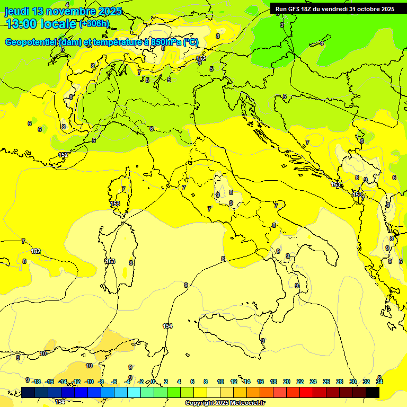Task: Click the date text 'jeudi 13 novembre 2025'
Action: pyautogui.click(x=63, y=11)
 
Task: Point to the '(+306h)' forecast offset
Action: pyautogui.click(x=94, y=23)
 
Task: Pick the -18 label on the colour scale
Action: pyautogui.click(x=37, y=382)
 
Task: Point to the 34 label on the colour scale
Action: pyautogui.click(x=379, y=382)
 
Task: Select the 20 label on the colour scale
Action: pyautogui.click(x=287, y=382)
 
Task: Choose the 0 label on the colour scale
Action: pyautogui.click(x=153, y=382)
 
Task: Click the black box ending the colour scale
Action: pyautogui.click(x=373, y=392)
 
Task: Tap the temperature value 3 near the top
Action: pyautogui.click(x=282, y=25)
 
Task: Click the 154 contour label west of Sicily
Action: pyautogui.click(x=167, y=326)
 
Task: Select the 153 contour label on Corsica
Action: pyautogui.click(x=115, y=203)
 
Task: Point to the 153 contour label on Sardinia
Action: pyautogui.click(x=110, y=261)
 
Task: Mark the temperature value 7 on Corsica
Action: pyautogui.click(x=123, y=189)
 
